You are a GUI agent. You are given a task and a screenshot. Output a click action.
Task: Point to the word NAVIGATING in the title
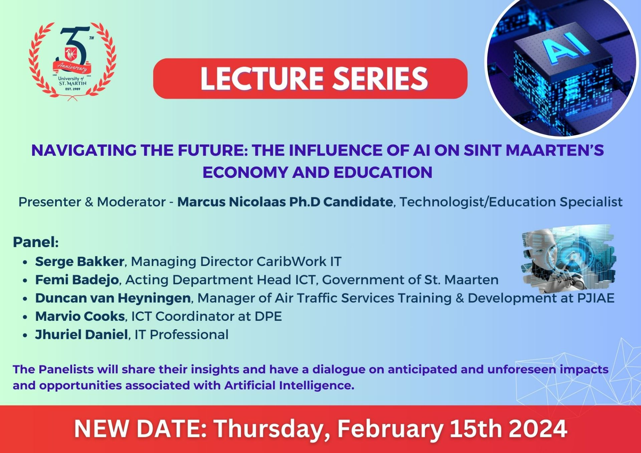[83, 150]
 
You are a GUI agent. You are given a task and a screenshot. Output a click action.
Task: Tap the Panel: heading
[36, 242]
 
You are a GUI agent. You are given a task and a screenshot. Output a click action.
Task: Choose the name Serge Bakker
[80, 261]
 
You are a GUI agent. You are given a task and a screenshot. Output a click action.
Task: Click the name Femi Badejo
[77, 280]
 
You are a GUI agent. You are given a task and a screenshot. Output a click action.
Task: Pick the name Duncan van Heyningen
[113, 298]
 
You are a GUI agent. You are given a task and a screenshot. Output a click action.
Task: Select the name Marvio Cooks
[80, 316]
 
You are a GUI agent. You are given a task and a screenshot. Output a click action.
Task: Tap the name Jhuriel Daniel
[81, 334]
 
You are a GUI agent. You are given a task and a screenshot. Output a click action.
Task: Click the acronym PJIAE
[596, 298]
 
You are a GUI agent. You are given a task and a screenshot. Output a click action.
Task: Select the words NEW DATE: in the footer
[140, 429]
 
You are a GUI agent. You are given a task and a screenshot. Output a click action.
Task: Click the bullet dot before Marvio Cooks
[25, 317]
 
